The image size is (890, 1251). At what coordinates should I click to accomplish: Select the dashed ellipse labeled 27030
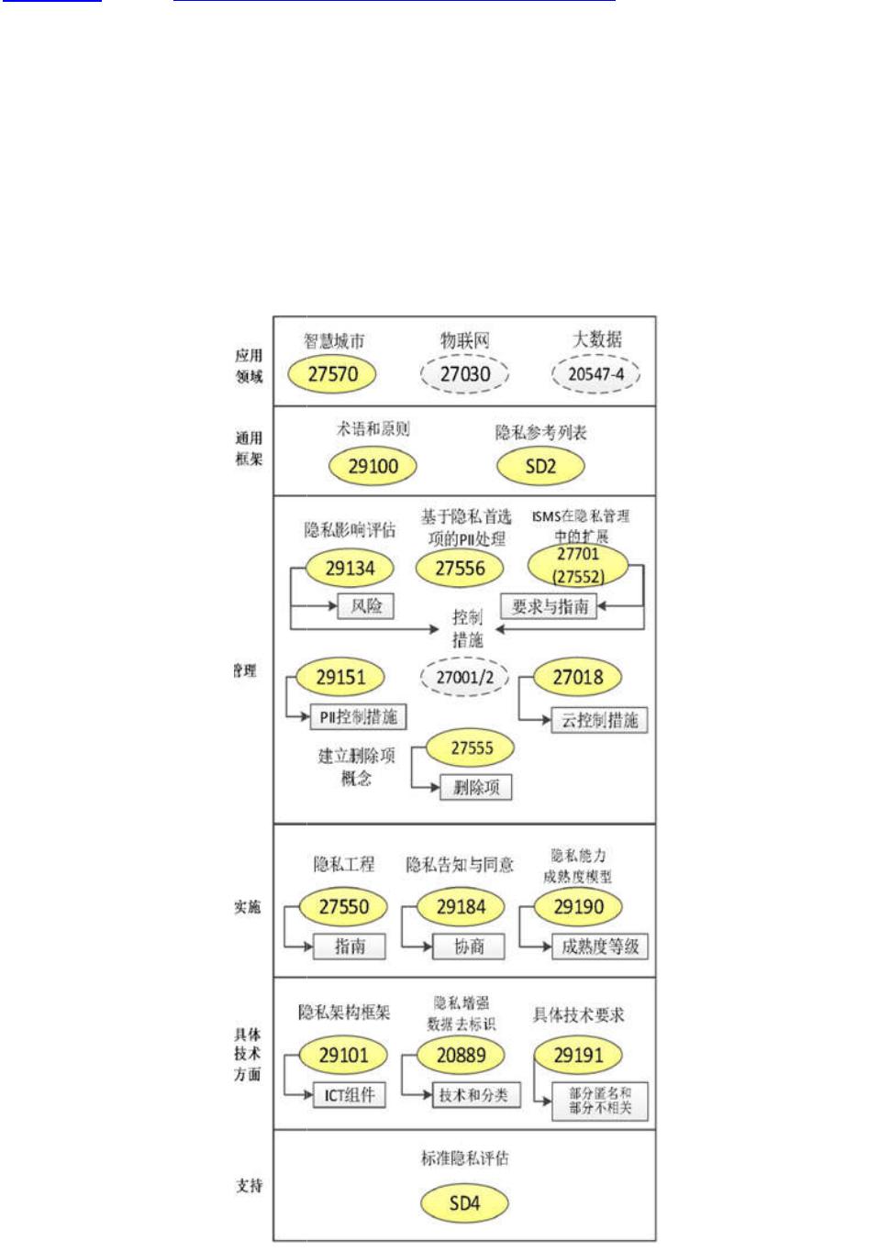464,374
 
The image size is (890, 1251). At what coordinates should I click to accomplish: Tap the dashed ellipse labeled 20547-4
595,374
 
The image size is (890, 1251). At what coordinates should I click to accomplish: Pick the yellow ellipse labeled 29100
373,466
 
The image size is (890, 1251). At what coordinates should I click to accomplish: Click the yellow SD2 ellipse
540,466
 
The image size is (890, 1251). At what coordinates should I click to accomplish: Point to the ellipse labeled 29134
350,569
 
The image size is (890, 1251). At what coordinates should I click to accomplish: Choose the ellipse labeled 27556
460,569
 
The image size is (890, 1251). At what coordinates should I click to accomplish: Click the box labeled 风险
365,606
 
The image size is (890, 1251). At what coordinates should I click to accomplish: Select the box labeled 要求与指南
549,606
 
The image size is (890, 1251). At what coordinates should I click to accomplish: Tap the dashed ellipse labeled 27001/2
464,678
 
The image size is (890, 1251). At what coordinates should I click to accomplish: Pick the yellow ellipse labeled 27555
471,748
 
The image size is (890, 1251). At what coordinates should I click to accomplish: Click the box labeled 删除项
475,788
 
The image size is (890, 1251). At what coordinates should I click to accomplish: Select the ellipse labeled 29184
461,907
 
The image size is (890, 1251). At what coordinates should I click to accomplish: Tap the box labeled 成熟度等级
599,947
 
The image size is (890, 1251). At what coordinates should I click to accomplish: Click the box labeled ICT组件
349,1095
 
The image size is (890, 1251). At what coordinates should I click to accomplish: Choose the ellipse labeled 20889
461,1056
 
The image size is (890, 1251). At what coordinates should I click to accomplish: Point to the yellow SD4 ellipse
464,1203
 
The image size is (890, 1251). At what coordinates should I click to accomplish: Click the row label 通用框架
248,448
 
